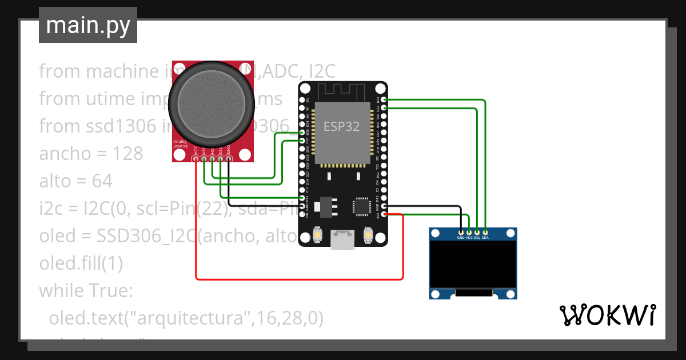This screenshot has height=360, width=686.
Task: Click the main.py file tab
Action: click(x=88, y=25)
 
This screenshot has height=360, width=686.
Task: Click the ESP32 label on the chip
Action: click(x=342, y=126)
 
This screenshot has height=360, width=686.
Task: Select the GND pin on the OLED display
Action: click(x=461, y=233)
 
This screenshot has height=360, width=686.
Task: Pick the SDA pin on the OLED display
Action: click(x=485, y=233)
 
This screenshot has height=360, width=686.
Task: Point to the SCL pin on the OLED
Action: click(x=477, y=233)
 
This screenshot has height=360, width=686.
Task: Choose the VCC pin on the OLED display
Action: click(x=469, y=233)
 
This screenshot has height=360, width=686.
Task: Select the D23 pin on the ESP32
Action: click(x=384, y=99)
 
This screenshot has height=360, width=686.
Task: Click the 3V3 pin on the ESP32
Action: click(x=384, y=214)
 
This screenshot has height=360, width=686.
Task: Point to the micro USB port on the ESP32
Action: click(x=342, y=240)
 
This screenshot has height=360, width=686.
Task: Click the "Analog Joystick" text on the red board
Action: click(x=181, y=144)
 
